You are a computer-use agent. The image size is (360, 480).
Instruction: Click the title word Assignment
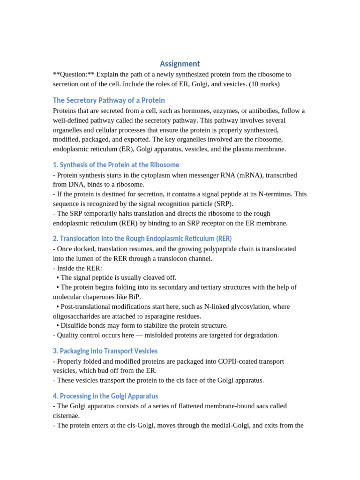(x=180, y=64)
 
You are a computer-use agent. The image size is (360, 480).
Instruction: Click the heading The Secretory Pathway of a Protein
(x=109, y=100)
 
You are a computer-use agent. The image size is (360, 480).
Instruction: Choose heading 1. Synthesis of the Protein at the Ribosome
(x=116, y=165)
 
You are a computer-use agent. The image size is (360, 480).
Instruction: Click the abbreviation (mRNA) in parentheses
(x=240, y=175)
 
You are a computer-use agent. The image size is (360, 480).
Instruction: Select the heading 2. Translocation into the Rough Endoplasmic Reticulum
(x=142, y=239)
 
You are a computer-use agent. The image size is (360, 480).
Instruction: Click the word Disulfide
(x=74, y=325)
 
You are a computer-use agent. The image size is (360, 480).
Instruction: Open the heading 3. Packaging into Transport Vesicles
(x=105, y=351)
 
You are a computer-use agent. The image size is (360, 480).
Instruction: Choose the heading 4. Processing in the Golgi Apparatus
(x=105, y=396)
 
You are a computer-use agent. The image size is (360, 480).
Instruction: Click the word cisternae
(x=66, y=415)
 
